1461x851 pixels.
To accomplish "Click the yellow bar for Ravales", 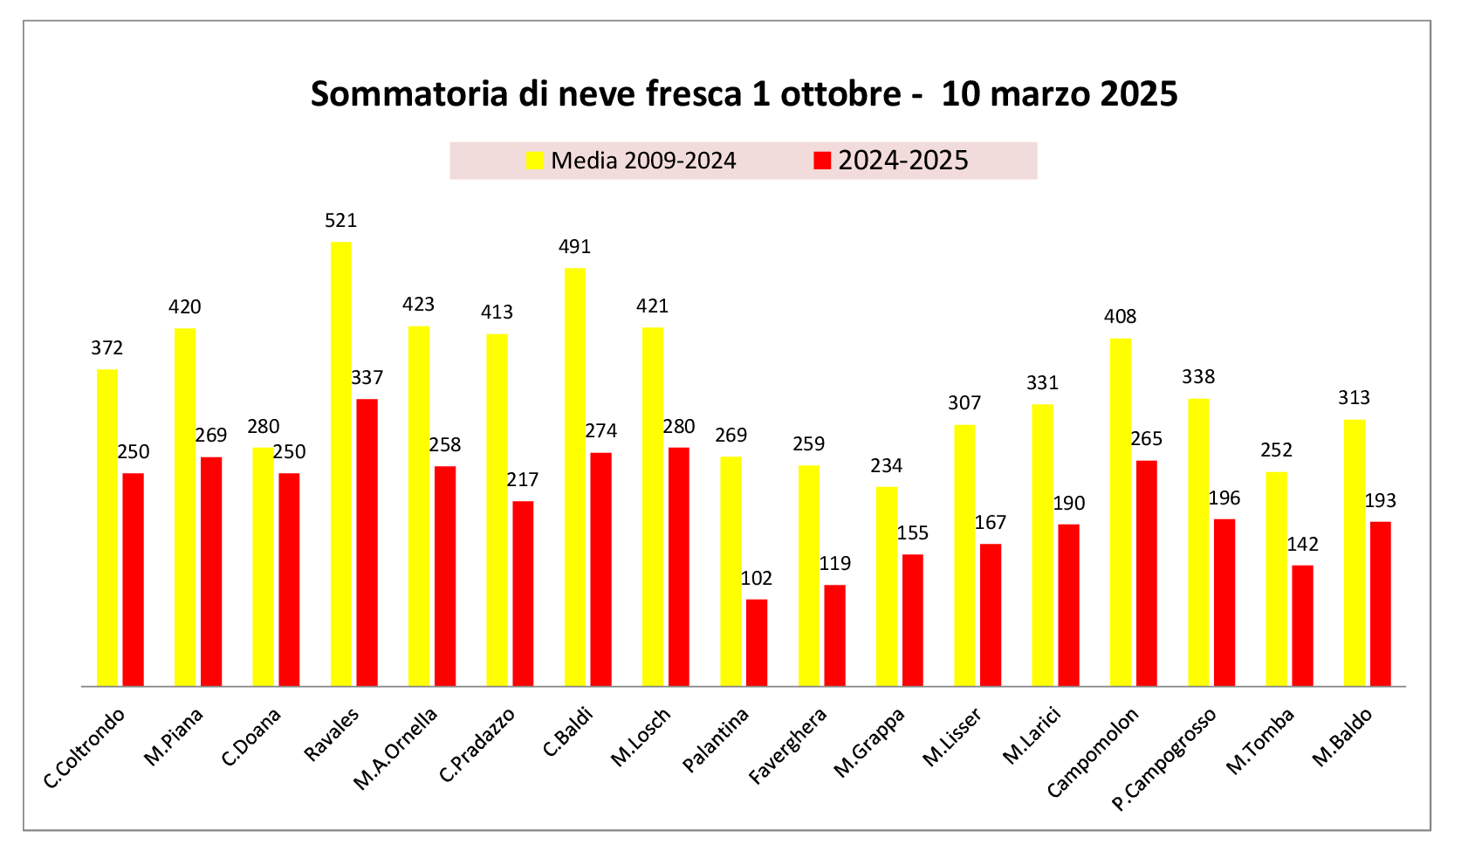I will coord(341,463).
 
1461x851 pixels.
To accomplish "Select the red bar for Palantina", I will coord(757,642).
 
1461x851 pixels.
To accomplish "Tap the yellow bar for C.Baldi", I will coord(575,477).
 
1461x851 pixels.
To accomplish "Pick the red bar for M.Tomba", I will coord(1302,625).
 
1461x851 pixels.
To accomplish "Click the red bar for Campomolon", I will coord(1146,573).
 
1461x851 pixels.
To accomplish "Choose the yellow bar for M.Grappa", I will coord(887,586).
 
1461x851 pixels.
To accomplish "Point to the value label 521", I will coord(341,221).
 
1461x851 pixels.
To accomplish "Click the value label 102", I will coord(757,578).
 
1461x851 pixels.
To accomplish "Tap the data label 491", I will coord(575,247).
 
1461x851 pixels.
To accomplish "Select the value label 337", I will coord(367,378).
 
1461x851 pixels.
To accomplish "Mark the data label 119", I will coord(835,564).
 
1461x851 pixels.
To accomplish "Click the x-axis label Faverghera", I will coord(788,745).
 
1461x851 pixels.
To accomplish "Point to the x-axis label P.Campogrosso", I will coord(1164,759).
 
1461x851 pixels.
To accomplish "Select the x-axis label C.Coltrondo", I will coord(85,748).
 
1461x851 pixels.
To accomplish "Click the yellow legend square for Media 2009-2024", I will coord(535,161).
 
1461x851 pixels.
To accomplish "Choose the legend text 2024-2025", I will coord(903,161).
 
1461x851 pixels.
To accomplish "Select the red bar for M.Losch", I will coord(679,566).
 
